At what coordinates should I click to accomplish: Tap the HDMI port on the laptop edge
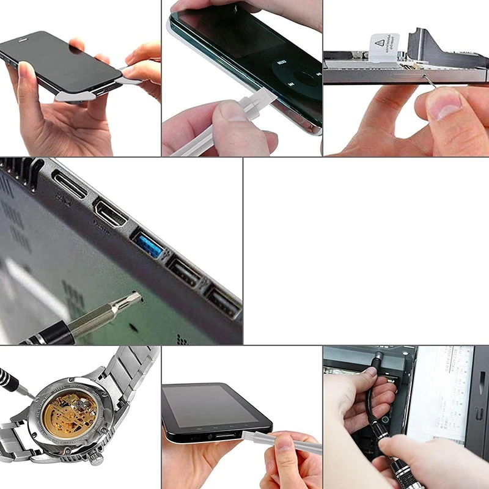coord(111,215)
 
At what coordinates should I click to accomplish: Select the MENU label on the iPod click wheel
coord(281,62)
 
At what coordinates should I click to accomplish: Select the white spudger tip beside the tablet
coord(248,436)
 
